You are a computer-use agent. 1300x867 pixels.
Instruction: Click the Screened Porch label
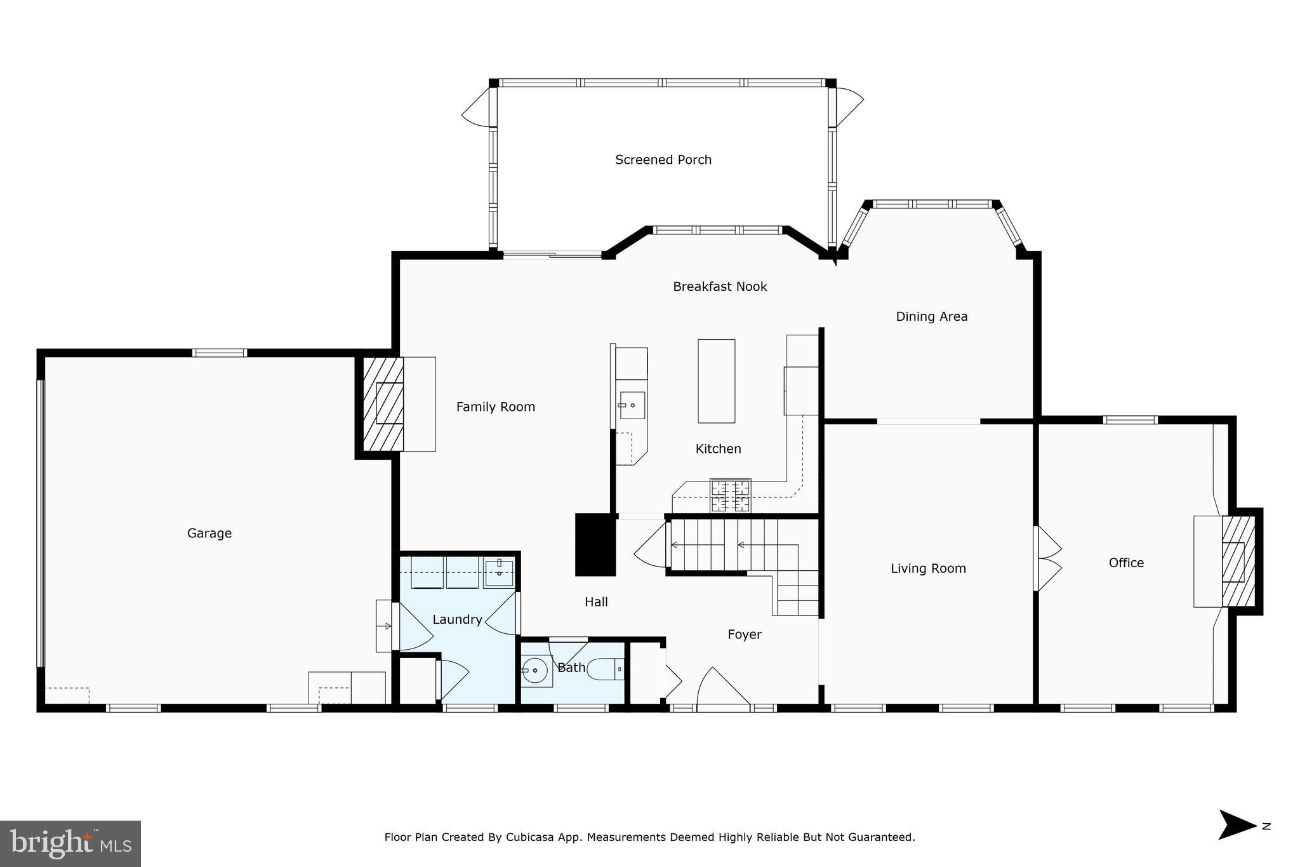tap(663, 160)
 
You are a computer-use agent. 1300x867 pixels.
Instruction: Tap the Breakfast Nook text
tap(720, 287)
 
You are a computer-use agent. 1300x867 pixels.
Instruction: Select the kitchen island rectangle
tap(716, 381)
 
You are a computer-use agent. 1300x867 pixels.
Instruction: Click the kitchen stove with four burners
tap(730, 495)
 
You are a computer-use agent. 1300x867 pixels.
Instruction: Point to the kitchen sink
tap(632, 405)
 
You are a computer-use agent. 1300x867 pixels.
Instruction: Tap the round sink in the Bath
tap(535, 670)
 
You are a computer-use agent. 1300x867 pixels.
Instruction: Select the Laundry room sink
tap(499, 573)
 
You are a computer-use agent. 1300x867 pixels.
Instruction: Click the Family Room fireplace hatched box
tap(383, 404)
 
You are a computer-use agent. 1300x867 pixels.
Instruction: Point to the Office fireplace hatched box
tap(1238, 561)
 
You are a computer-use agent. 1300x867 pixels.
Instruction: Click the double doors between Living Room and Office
tap(1047, 558)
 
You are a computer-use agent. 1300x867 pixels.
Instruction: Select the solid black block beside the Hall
tap(595, 545)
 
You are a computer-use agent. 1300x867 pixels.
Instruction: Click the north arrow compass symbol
tap(1237, 825)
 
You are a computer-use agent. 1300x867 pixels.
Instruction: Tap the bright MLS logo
tap(70, 843)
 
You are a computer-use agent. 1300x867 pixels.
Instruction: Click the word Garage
tap(209, 534)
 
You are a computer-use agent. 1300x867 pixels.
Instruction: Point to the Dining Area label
tap(931, 316)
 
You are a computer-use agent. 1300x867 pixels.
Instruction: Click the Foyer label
tap(744, 635)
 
